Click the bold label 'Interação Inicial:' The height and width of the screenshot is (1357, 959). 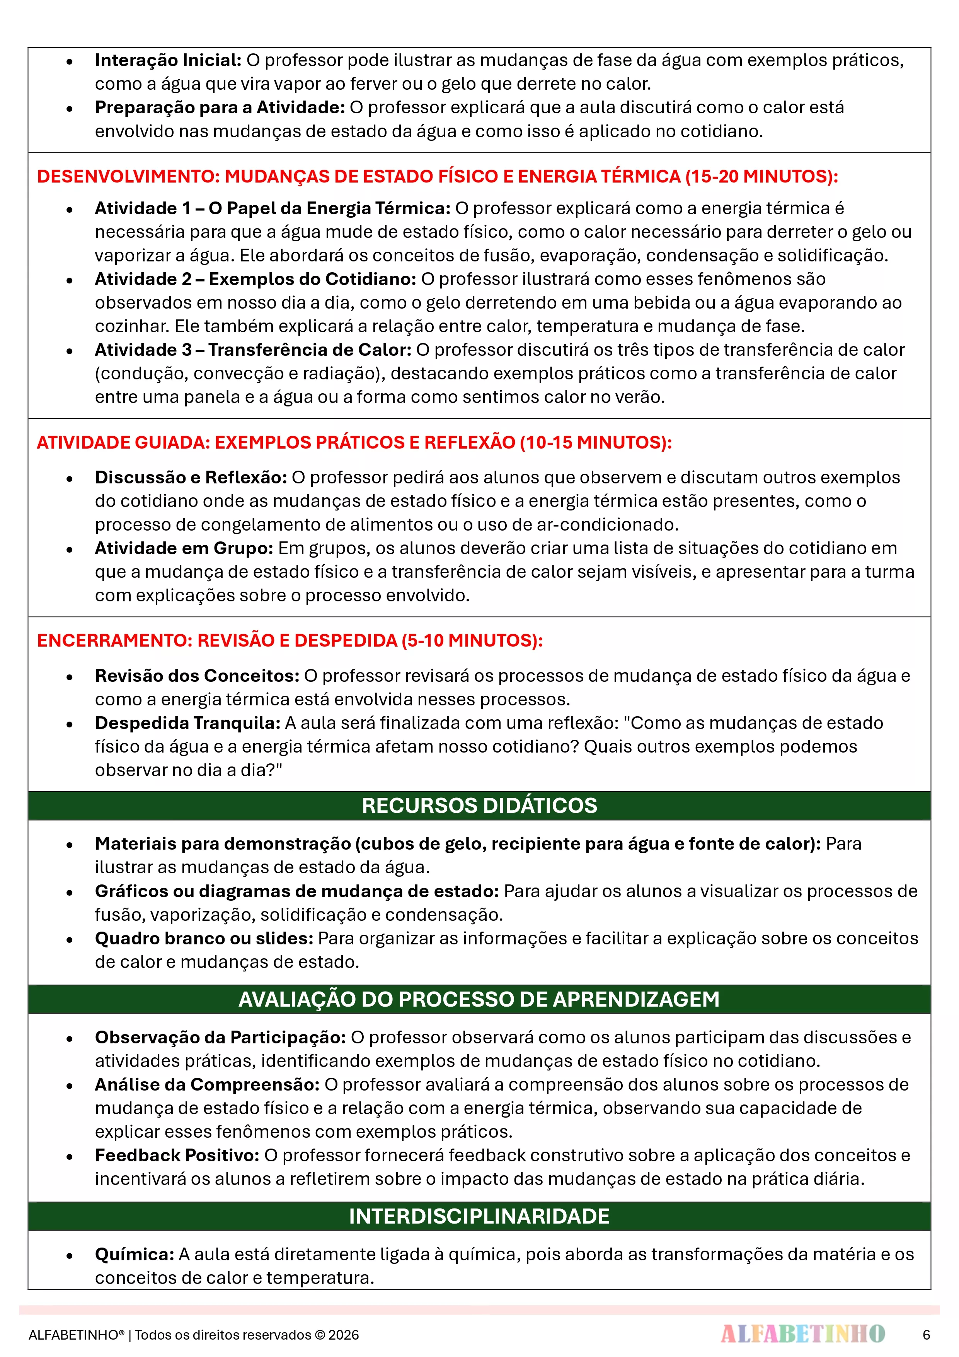point(168,60)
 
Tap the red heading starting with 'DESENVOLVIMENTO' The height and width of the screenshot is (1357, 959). point(437,176)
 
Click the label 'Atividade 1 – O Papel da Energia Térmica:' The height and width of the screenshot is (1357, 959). point(273,208)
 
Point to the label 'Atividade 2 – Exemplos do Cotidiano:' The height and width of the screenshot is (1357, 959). point(255,279)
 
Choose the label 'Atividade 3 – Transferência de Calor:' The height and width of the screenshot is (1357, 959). point(253,350)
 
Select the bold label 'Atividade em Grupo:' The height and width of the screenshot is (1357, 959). point(184,548)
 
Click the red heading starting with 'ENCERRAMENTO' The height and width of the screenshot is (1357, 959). point(290,641)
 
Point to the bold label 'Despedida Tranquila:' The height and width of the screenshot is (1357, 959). point(187,723)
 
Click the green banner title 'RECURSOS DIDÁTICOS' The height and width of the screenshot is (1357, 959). point(479,806)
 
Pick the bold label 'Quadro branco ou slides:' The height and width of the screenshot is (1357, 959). point(204,939)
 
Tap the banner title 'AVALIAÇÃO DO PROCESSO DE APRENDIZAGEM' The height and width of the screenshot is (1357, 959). point(479,999)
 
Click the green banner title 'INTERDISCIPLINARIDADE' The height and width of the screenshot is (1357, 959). point(479,1216)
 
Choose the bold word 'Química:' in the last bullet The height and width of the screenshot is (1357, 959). point(134,1254)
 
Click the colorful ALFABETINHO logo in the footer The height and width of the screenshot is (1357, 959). point(802,1334)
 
